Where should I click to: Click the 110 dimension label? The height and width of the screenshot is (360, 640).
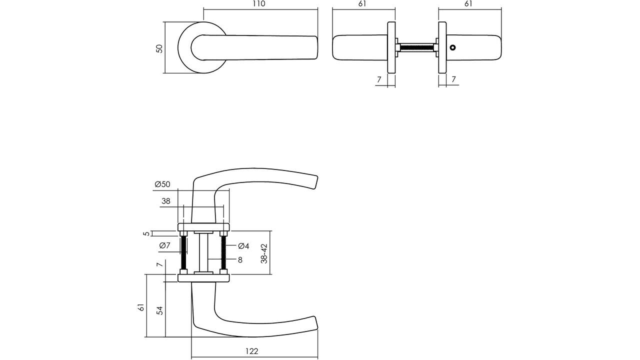(x=259, y=3)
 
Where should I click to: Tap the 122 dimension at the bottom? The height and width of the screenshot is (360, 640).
(x=251, y=351)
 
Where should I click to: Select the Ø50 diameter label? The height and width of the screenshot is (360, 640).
(x=162, y=184)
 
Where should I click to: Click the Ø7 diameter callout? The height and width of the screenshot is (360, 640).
(x=165, y=245)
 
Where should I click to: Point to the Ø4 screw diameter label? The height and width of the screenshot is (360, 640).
(x=243, y=245)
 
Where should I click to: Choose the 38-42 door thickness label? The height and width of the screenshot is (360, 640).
(x=264, y=253)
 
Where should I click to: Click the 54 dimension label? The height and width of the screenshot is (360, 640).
(x=160, y=310)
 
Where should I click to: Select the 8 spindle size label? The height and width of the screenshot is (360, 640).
(x=240, y=259)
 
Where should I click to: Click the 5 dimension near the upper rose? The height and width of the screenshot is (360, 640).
(x=146, y=233)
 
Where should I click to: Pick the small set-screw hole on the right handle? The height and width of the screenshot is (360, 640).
(x=452, y=47)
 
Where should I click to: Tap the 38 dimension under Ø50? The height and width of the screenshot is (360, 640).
(x=165, y=201)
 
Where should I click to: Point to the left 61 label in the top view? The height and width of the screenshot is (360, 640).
(x=362, y=3)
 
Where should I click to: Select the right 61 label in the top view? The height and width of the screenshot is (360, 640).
(x=468, y=3)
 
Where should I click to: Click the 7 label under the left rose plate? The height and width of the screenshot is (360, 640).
(x=379, y=79)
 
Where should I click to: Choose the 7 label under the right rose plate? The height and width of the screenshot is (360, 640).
(x=453, y=79)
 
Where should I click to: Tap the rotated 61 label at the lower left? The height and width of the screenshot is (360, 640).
(x=140, y=307)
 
